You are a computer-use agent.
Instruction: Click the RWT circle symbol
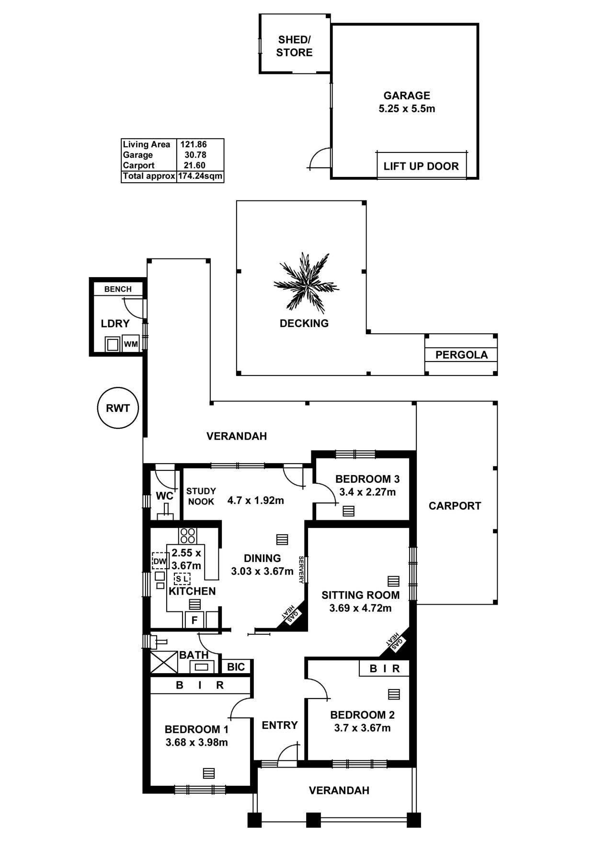coord(118,408)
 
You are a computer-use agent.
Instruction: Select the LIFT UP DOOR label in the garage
coord(421,166)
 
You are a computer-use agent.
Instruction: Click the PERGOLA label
coord(461,355)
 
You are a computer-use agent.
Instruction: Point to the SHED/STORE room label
coord(294,46)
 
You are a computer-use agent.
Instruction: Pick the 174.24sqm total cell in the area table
coord(200,176)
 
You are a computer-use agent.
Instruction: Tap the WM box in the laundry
coord(131,344)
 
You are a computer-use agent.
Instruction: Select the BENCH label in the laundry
coord(118,289)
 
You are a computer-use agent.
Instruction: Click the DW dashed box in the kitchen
coord(160,561)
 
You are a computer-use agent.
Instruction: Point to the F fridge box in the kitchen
coord(194,620)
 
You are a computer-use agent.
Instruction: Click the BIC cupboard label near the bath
coord(236,667)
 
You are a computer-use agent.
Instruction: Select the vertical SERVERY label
coord(301,570)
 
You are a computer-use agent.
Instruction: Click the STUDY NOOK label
coord(201,496)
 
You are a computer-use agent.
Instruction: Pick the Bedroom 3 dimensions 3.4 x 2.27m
coord(367,492)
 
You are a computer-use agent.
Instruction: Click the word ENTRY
coord(280,725)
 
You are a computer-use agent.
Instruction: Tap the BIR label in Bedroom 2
coord(385,668)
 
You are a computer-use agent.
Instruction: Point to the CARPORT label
coord(455,506)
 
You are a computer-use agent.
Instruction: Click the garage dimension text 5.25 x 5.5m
coord(407,109)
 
